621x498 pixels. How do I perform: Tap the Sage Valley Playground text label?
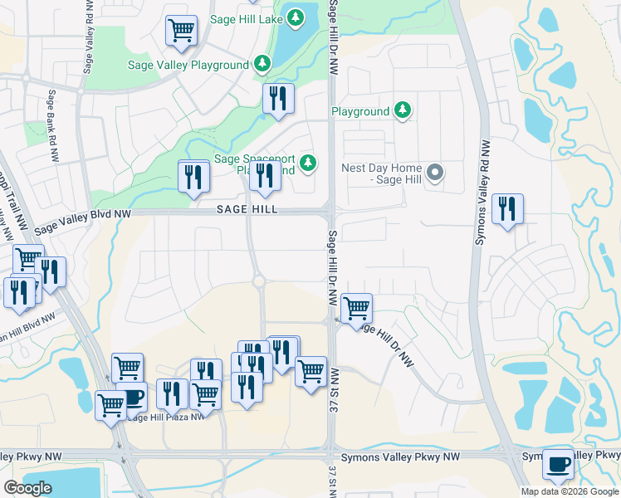click(188, 65)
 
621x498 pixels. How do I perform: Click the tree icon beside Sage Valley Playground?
click(262, 63)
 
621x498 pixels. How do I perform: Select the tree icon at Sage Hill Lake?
click(296, 16)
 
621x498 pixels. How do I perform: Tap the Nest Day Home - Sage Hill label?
click(383, 173)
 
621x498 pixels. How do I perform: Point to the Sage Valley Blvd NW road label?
click(83, 219)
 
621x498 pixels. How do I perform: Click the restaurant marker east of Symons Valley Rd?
click(506, 208)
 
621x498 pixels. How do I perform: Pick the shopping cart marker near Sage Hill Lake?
click(181, 31)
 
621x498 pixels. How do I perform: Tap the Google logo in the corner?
click(27, 488)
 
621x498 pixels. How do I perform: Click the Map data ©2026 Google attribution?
click(570, 491)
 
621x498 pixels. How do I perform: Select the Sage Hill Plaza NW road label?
click(166, 417)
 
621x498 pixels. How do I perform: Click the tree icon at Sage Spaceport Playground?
click(308, 162)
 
